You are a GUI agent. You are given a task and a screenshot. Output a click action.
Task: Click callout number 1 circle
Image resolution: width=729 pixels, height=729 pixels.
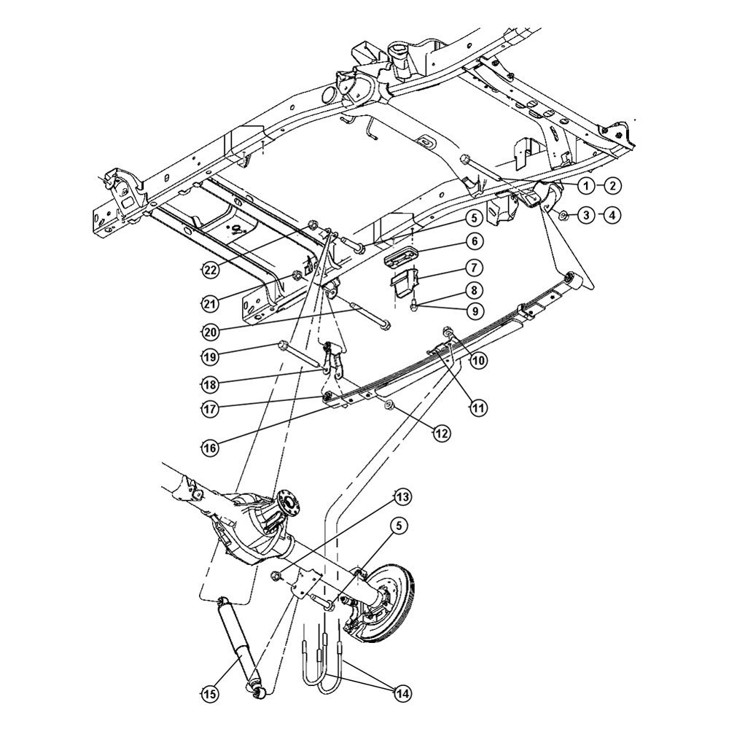pyautogui.click(x=584, y=186)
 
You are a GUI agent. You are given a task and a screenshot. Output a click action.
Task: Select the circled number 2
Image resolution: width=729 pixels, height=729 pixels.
pyautogui.click(x=612, y=186)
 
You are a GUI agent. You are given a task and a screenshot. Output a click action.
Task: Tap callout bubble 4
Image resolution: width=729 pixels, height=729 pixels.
pyautogui.click(x=612, y=215)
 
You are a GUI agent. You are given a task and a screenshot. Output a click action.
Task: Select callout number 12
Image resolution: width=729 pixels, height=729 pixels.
pyautogui.click(x=440, y=433)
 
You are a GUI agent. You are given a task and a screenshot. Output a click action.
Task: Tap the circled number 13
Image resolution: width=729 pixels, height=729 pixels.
pyautogui.click(x=402, y=497)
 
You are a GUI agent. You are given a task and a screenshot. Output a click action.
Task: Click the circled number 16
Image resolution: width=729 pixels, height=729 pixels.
pyautogui.click(x=210, y=448)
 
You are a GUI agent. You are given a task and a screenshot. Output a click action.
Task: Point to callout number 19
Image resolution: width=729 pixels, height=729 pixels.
pyautogui.click(x=210, y=356)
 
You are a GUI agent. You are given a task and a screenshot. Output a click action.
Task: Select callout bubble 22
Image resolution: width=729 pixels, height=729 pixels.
pyautogui.click(x=210, y=270)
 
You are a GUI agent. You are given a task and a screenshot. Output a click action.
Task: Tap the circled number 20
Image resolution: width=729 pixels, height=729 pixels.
pyautogui.click(x=210, y=330)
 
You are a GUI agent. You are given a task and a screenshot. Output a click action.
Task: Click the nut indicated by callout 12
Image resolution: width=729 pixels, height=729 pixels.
pyautogui.click(x=389, y=405)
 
